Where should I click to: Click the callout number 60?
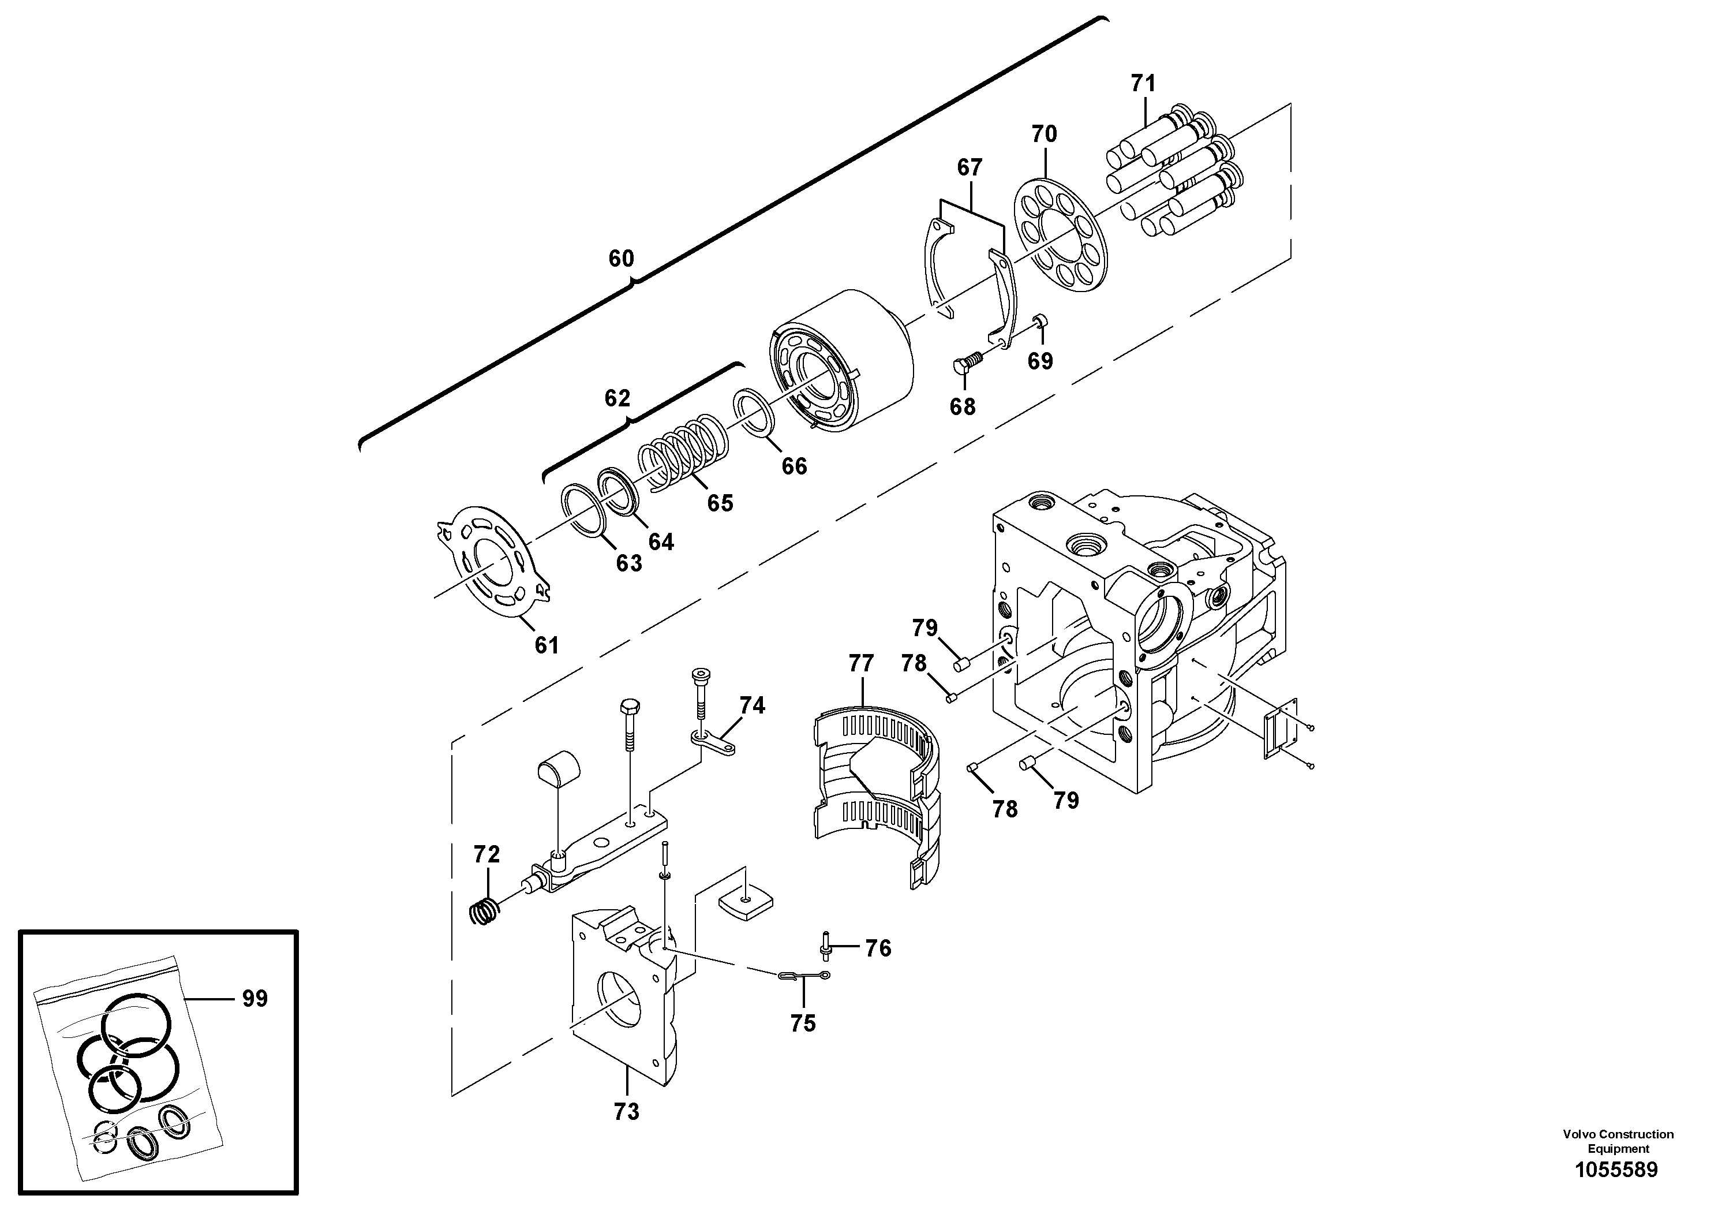pos(620,259)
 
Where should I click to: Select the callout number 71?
pos(1143,83)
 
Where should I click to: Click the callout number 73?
pos(626,1133)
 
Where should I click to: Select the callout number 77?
pos(860,663)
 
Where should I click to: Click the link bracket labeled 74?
pos(714,742)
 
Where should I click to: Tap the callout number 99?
pos(254,999)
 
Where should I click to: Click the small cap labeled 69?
pos(1041,322)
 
